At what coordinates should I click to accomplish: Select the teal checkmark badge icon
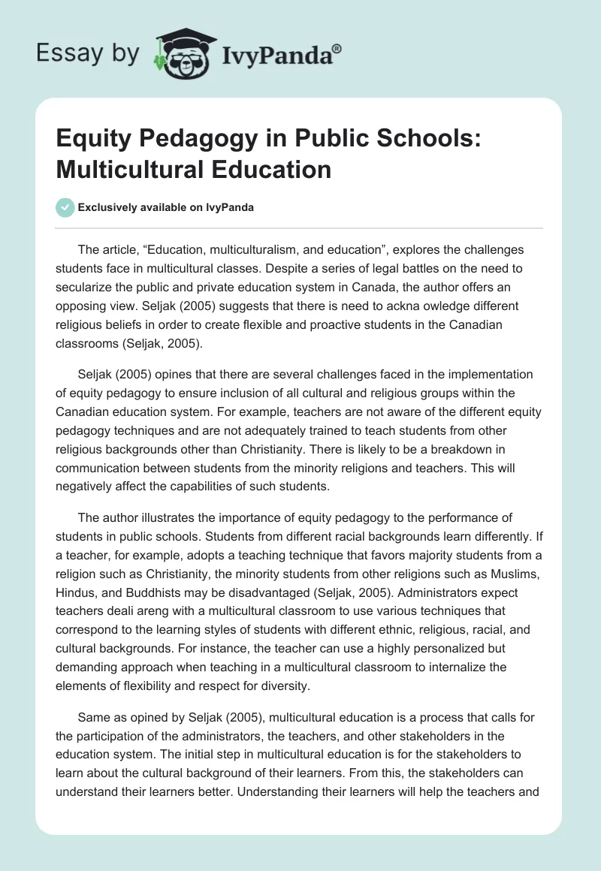tap(65, 207)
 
